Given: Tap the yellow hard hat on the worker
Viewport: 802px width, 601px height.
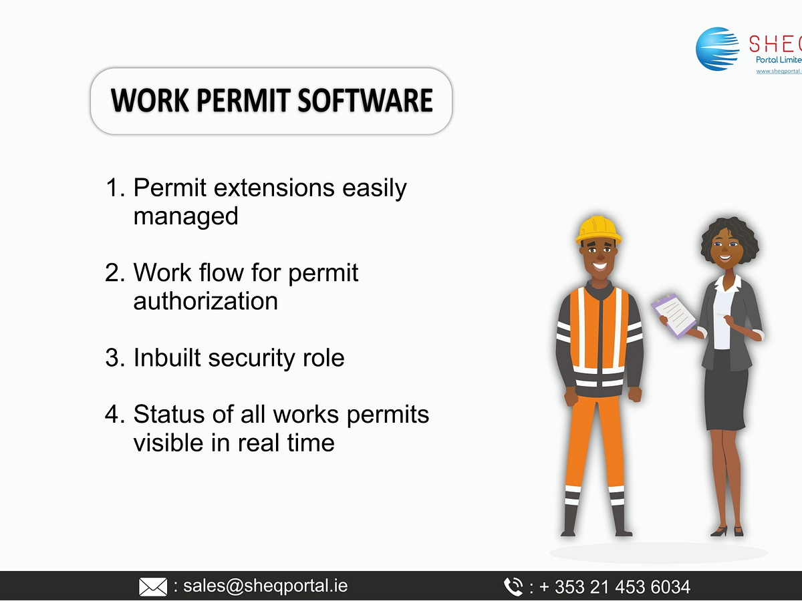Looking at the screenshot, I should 597,229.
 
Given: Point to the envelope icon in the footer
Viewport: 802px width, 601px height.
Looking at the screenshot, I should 152,587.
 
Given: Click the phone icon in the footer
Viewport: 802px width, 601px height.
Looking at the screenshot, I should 513,587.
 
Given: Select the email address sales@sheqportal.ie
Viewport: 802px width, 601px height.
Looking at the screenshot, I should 265,586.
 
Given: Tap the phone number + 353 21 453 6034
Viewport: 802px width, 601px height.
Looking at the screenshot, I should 614,587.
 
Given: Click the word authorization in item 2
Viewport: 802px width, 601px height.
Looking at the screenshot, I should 205,301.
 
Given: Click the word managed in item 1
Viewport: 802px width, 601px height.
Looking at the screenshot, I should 185,216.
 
